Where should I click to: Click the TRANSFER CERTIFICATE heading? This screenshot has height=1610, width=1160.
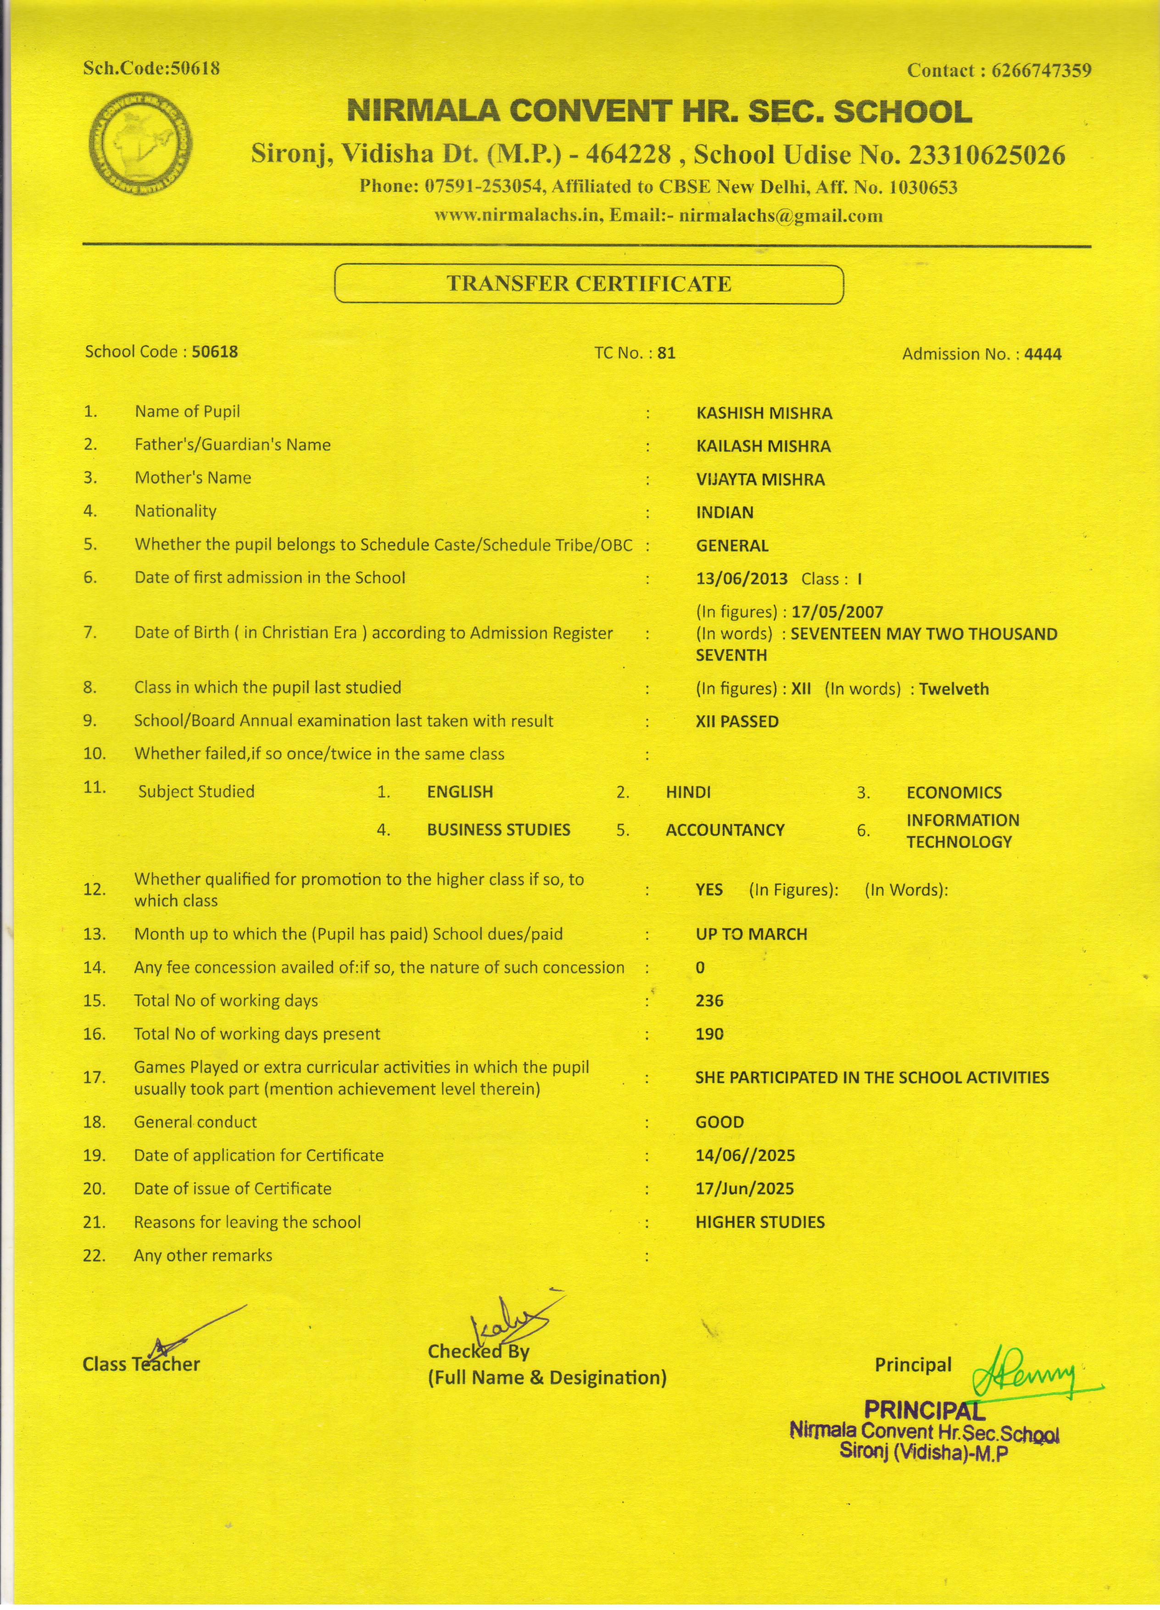coord(588,284)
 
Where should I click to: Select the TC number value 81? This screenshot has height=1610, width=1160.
coord(666,353)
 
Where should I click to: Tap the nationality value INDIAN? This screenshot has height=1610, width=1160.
coord(725,512)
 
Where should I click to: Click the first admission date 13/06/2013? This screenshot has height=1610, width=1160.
coord(742,578)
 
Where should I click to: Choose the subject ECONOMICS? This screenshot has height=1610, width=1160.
coord(954,793)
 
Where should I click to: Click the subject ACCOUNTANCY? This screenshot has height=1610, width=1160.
coord(725,830)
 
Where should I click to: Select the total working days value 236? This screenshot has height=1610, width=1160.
coord(709,1001)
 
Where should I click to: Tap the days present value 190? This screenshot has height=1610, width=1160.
coord(709,1034)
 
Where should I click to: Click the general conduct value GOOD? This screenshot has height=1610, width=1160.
coord(719,1122)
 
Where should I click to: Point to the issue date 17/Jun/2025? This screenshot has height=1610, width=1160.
coord(744,1189)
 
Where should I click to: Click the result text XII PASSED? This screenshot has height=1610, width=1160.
coord(736,722)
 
